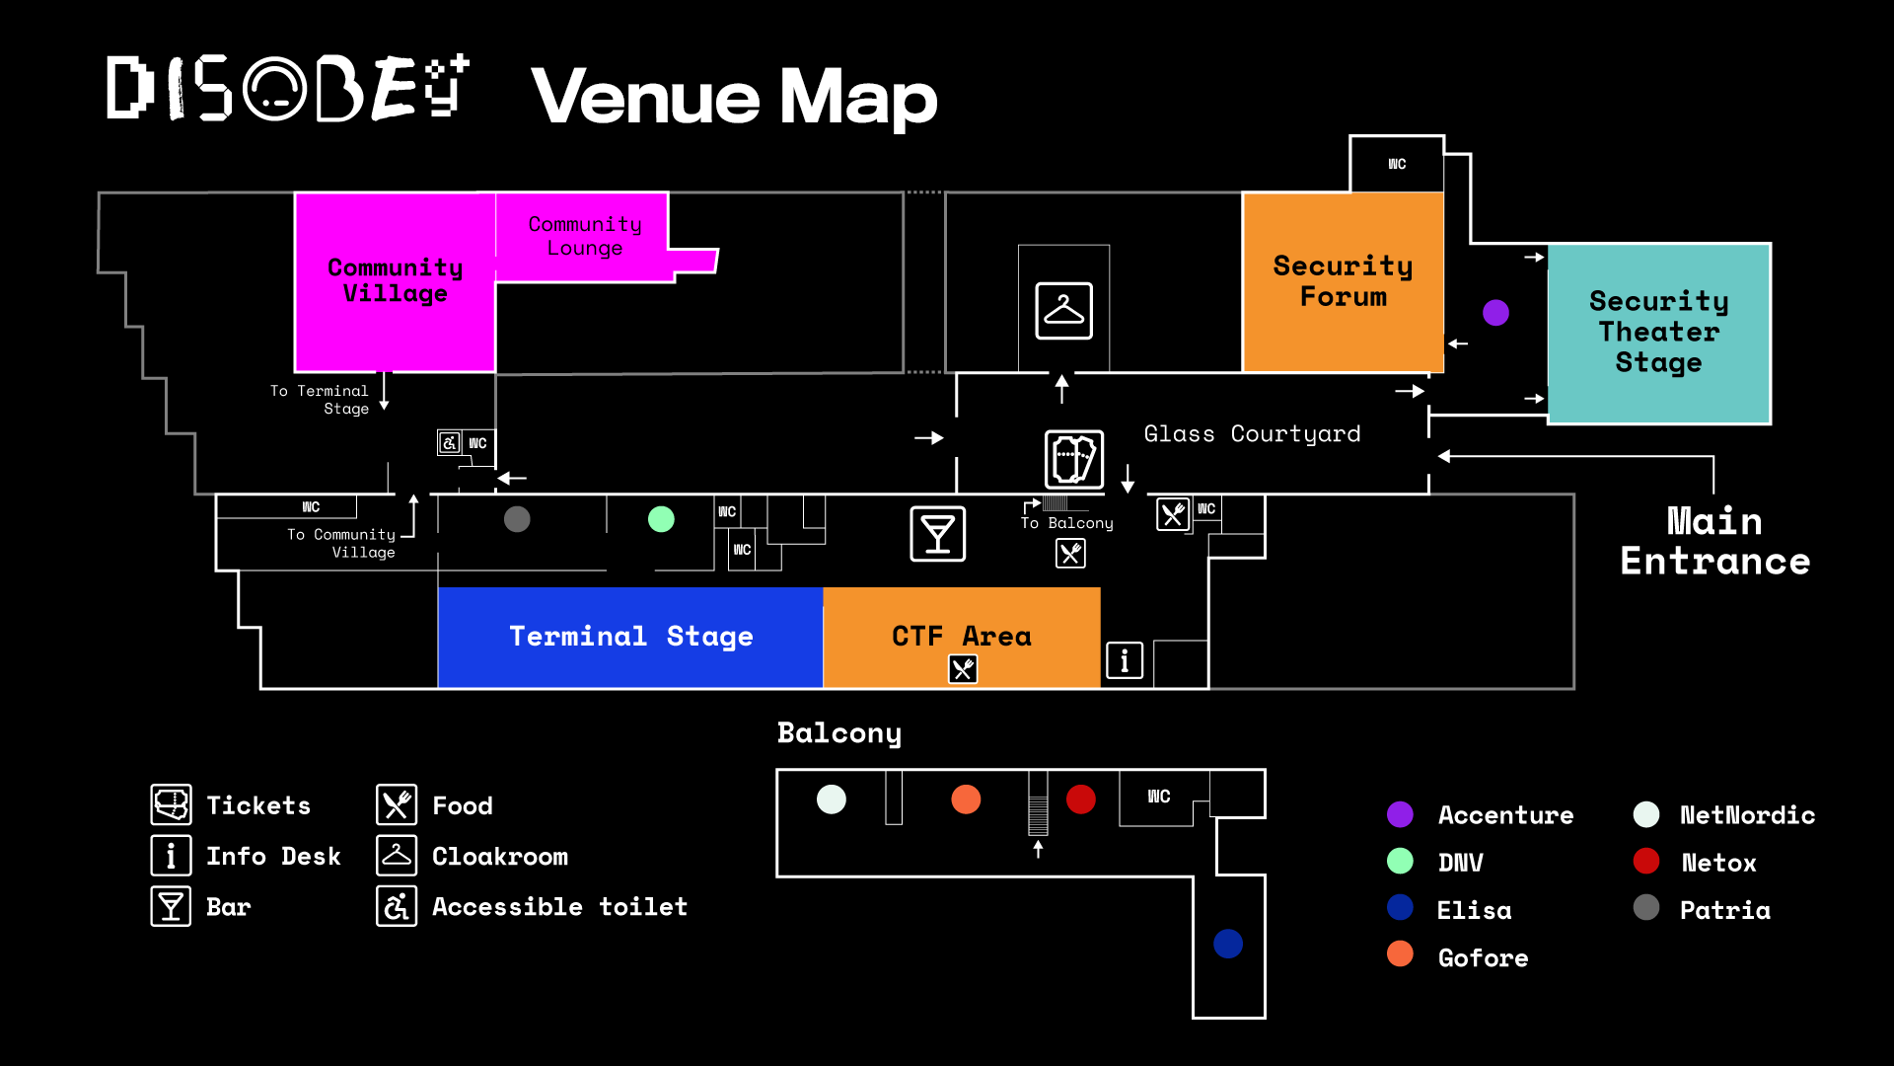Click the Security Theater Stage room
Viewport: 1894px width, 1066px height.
pyautogui.click(x=1658, y=333)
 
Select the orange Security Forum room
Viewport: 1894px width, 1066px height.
pyautogui.click(x=1343, y=281)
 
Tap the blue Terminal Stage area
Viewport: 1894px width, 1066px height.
pyautogui.click(x=630, y=637)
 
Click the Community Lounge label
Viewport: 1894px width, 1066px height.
pyautogui.click(x=585, y=236)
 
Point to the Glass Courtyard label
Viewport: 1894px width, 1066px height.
pyautogui.click(x=1252, y=434)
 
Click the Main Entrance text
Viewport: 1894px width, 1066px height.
pyautogui.click(x=1714, y=541)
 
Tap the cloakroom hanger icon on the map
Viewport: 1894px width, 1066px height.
pyautogui.click(x=1063, y=311)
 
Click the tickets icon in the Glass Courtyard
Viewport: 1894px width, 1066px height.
pyautogui.click(x=1074, y=459)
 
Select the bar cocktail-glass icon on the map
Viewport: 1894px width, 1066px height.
pyautogui.click(x=937, y=534)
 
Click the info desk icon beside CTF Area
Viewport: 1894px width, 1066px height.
pyautogui.click(x=1125, y=660)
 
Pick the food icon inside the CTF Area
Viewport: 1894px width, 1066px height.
pyautogui.click(x=963, y=669)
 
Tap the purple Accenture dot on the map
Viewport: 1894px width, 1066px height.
pyautogui.click(x=1495, y=313)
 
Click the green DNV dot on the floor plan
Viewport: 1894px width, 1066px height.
pyautogui.click(x=661, y=519)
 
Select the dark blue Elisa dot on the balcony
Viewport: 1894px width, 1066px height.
pyautogui.click(x=1228, y=944)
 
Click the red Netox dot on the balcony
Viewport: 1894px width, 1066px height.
pyautogui.click(x=1081, y=799)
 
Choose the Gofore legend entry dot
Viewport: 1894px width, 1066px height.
pyautogui.click(x=1400, y=954)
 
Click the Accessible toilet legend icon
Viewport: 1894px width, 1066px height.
pyautogui.click(x=397, y=906)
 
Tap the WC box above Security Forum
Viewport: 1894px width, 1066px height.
pyautogui.click(x=1397, y=164)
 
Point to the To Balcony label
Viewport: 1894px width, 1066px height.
pyautogui.click(x=1066, y=523)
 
